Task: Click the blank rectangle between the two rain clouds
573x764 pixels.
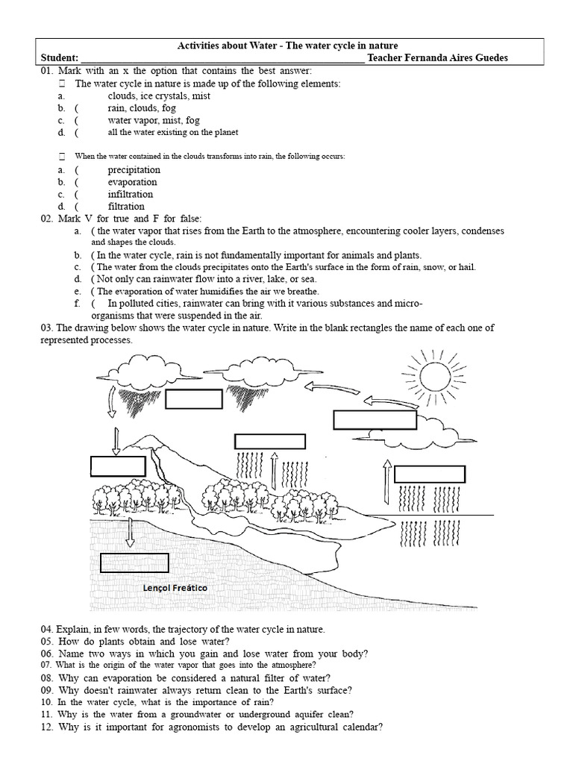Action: (x=194, y=399)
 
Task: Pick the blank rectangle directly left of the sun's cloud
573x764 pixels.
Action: (x=364, y=419)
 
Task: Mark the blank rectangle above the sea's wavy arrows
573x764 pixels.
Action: (x=429, y=474)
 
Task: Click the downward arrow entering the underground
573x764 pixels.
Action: (x=129, y=532)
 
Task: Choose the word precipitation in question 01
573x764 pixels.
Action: (x=134, y=170)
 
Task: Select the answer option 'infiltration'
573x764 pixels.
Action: (x=130, y=194)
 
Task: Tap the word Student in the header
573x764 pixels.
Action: (x=59, y=58)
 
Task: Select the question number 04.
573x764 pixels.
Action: (x=48, y=629)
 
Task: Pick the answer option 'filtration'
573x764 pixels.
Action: (x=126, y=206)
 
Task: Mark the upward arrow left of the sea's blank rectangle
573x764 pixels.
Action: (x=386, y=483)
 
